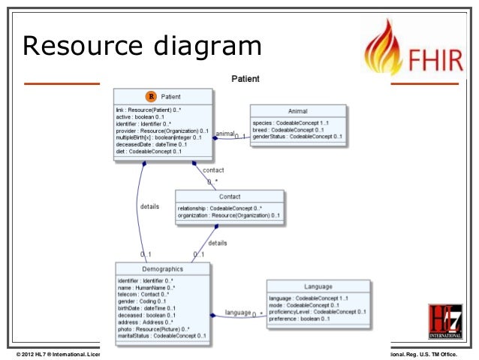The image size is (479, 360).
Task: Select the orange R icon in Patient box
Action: [150, 97]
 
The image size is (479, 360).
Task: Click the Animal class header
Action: [298, 110]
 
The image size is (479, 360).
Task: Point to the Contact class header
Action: [230, 196]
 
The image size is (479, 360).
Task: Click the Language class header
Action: [318, 286]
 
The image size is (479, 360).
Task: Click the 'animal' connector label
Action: [224, 134]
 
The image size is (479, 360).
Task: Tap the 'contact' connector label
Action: [213, 170]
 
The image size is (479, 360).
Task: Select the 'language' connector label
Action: [237, 312]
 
